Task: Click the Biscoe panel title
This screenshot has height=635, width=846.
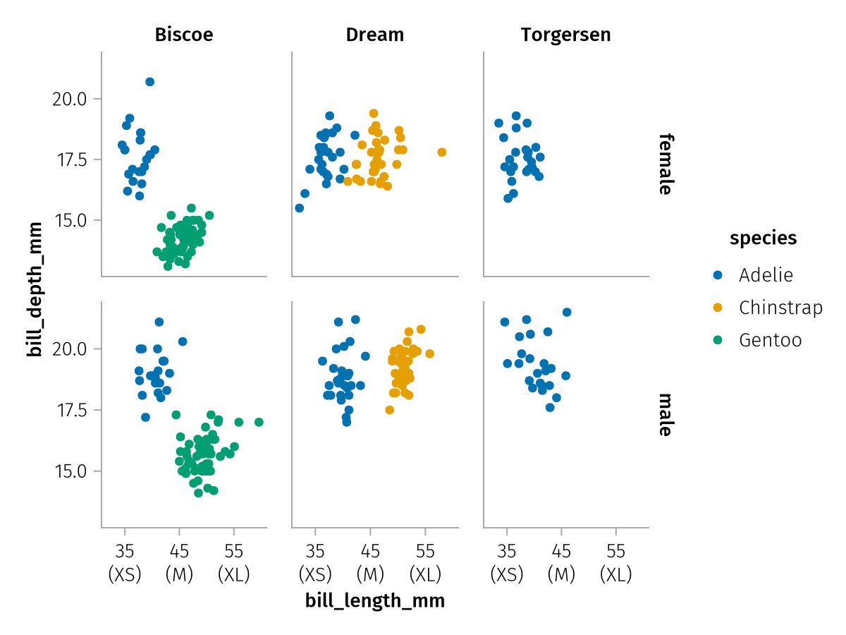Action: (x=184, y=35)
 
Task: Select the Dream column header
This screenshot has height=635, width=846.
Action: (x=375, y=35)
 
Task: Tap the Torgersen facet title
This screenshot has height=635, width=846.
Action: (x=566, y=35)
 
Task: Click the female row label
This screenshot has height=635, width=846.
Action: (x=665, y=164)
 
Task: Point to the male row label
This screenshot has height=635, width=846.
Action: (x=665, y=415)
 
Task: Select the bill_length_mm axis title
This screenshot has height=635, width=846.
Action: (x=375, y=601)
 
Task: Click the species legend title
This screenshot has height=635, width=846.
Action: (x=764, y=238)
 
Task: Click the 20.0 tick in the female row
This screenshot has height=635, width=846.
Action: (x=69, y=99)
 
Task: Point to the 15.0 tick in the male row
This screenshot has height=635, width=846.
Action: (x=69, y=471)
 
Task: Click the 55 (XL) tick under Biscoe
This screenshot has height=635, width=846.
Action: (x=234, y=563)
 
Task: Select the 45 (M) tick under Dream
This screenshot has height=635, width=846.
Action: (x=370, y=563)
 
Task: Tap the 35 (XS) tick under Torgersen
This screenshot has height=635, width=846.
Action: (x=507, y=563)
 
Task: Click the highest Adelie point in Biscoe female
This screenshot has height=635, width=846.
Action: (x=149, y=82)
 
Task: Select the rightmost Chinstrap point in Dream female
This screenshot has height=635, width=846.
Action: (x=442, y=152)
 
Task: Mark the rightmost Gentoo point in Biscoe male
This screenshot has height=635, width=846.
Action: (x=259, y=423)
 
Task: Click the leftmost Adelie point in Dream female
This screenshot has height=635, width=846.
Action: (x=299, y=208)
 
